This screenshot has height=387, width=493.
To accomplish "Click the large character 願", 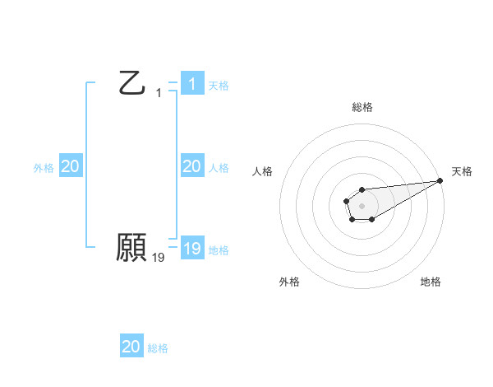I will tap(132, 248).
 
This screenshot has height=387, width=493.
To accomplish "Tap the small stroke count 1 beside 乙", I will tap(159, 93).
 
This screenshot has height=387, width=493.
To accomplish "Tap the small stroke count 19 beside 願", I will tap(159, 258).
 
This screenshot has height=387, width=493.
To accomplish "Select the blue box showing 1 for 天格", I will tap(191, 84).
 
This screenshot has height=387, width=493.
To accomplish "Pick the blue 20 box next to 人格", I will tap(191, 166).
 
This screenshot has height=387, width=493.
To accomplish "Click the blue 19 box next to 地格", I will tap(191, 249).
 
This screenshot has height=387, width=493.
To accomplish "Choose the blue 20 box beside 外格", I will tap(71, 166).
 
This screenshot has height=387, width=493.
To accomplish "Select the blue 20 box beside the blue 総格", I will tap(131, 347).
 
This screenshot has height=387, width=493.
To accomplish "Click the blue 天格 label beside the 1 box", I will tap(219, 85).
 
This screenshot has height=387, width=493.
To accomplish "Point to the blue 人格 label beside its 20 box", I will tap(219, 167).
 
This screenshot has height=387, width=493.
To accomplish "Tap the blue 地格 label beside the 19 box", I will tap(219, 249).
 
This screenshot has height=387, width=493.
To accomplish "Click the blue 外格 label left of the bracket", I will tap(44, 167).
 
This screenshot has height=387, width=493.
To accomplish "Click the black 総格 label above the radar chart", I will tap(362, 107).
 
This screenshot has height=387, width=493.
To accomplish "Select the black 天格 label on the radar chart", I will tap(462, 171).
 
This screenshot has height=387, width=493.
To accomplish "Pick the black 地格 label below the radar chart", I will tap(431, 282).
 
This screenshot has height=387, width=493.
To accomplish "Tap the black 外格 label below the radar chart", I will tap(289, 282).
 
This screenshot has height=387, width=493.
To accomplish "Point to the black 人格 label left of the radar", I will tap(263, 171).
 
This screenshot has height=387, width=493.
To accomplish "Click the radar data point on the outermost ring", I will tap(440, 180).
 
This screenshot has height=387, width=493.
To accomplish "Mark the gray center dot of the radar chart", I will tap(362, 205).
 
